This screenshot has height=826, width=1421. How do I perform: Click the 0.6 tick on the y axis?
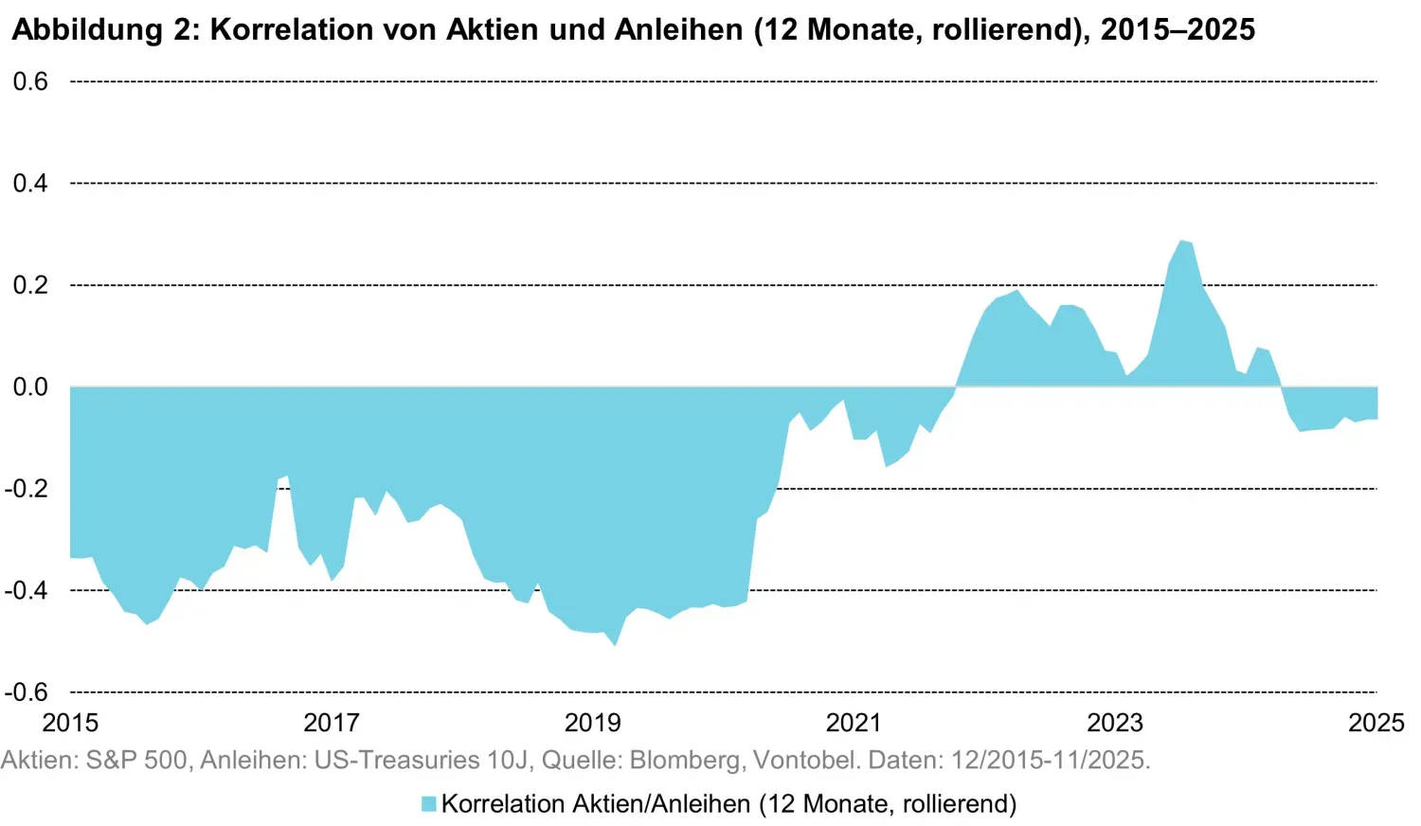pos(30,82)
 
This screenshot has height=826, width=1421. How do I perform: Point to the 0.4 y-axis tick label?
pos(30,184)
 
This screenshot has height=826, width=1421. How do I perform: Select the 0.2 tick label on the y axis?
pos(30,285)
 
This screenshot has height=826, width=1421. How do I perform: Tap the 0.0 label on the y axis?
pos(30,387)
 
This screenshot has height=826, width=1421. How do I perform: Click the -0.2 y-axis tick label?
pos(27,489)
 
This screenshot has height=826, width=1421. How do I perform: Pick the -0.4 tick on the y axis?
pos(27,590)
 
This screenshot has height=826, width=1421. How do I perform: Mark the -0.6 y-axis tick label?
pos(27,692)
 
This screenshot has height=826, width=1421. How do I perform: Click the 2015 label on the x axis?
pos(70,723)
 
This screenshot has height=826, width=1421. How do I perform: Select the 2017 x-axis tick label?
pos(332,723)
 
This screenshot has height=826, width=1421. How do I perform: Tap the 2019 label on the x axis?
pos(593,723)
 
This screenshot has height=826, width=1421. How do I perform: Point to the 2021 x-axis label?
pos(854,723)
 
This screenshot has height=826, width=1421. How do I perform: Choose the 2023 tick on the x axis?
pos(1115,723)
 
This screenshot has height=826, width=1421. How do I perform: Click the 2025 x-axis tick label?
pos(1376,723)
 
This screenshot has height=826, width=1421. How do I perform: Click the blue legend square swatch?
pos(429,804)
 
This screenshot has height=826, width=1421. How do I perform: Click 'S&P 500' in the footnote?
pos(136,760)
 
